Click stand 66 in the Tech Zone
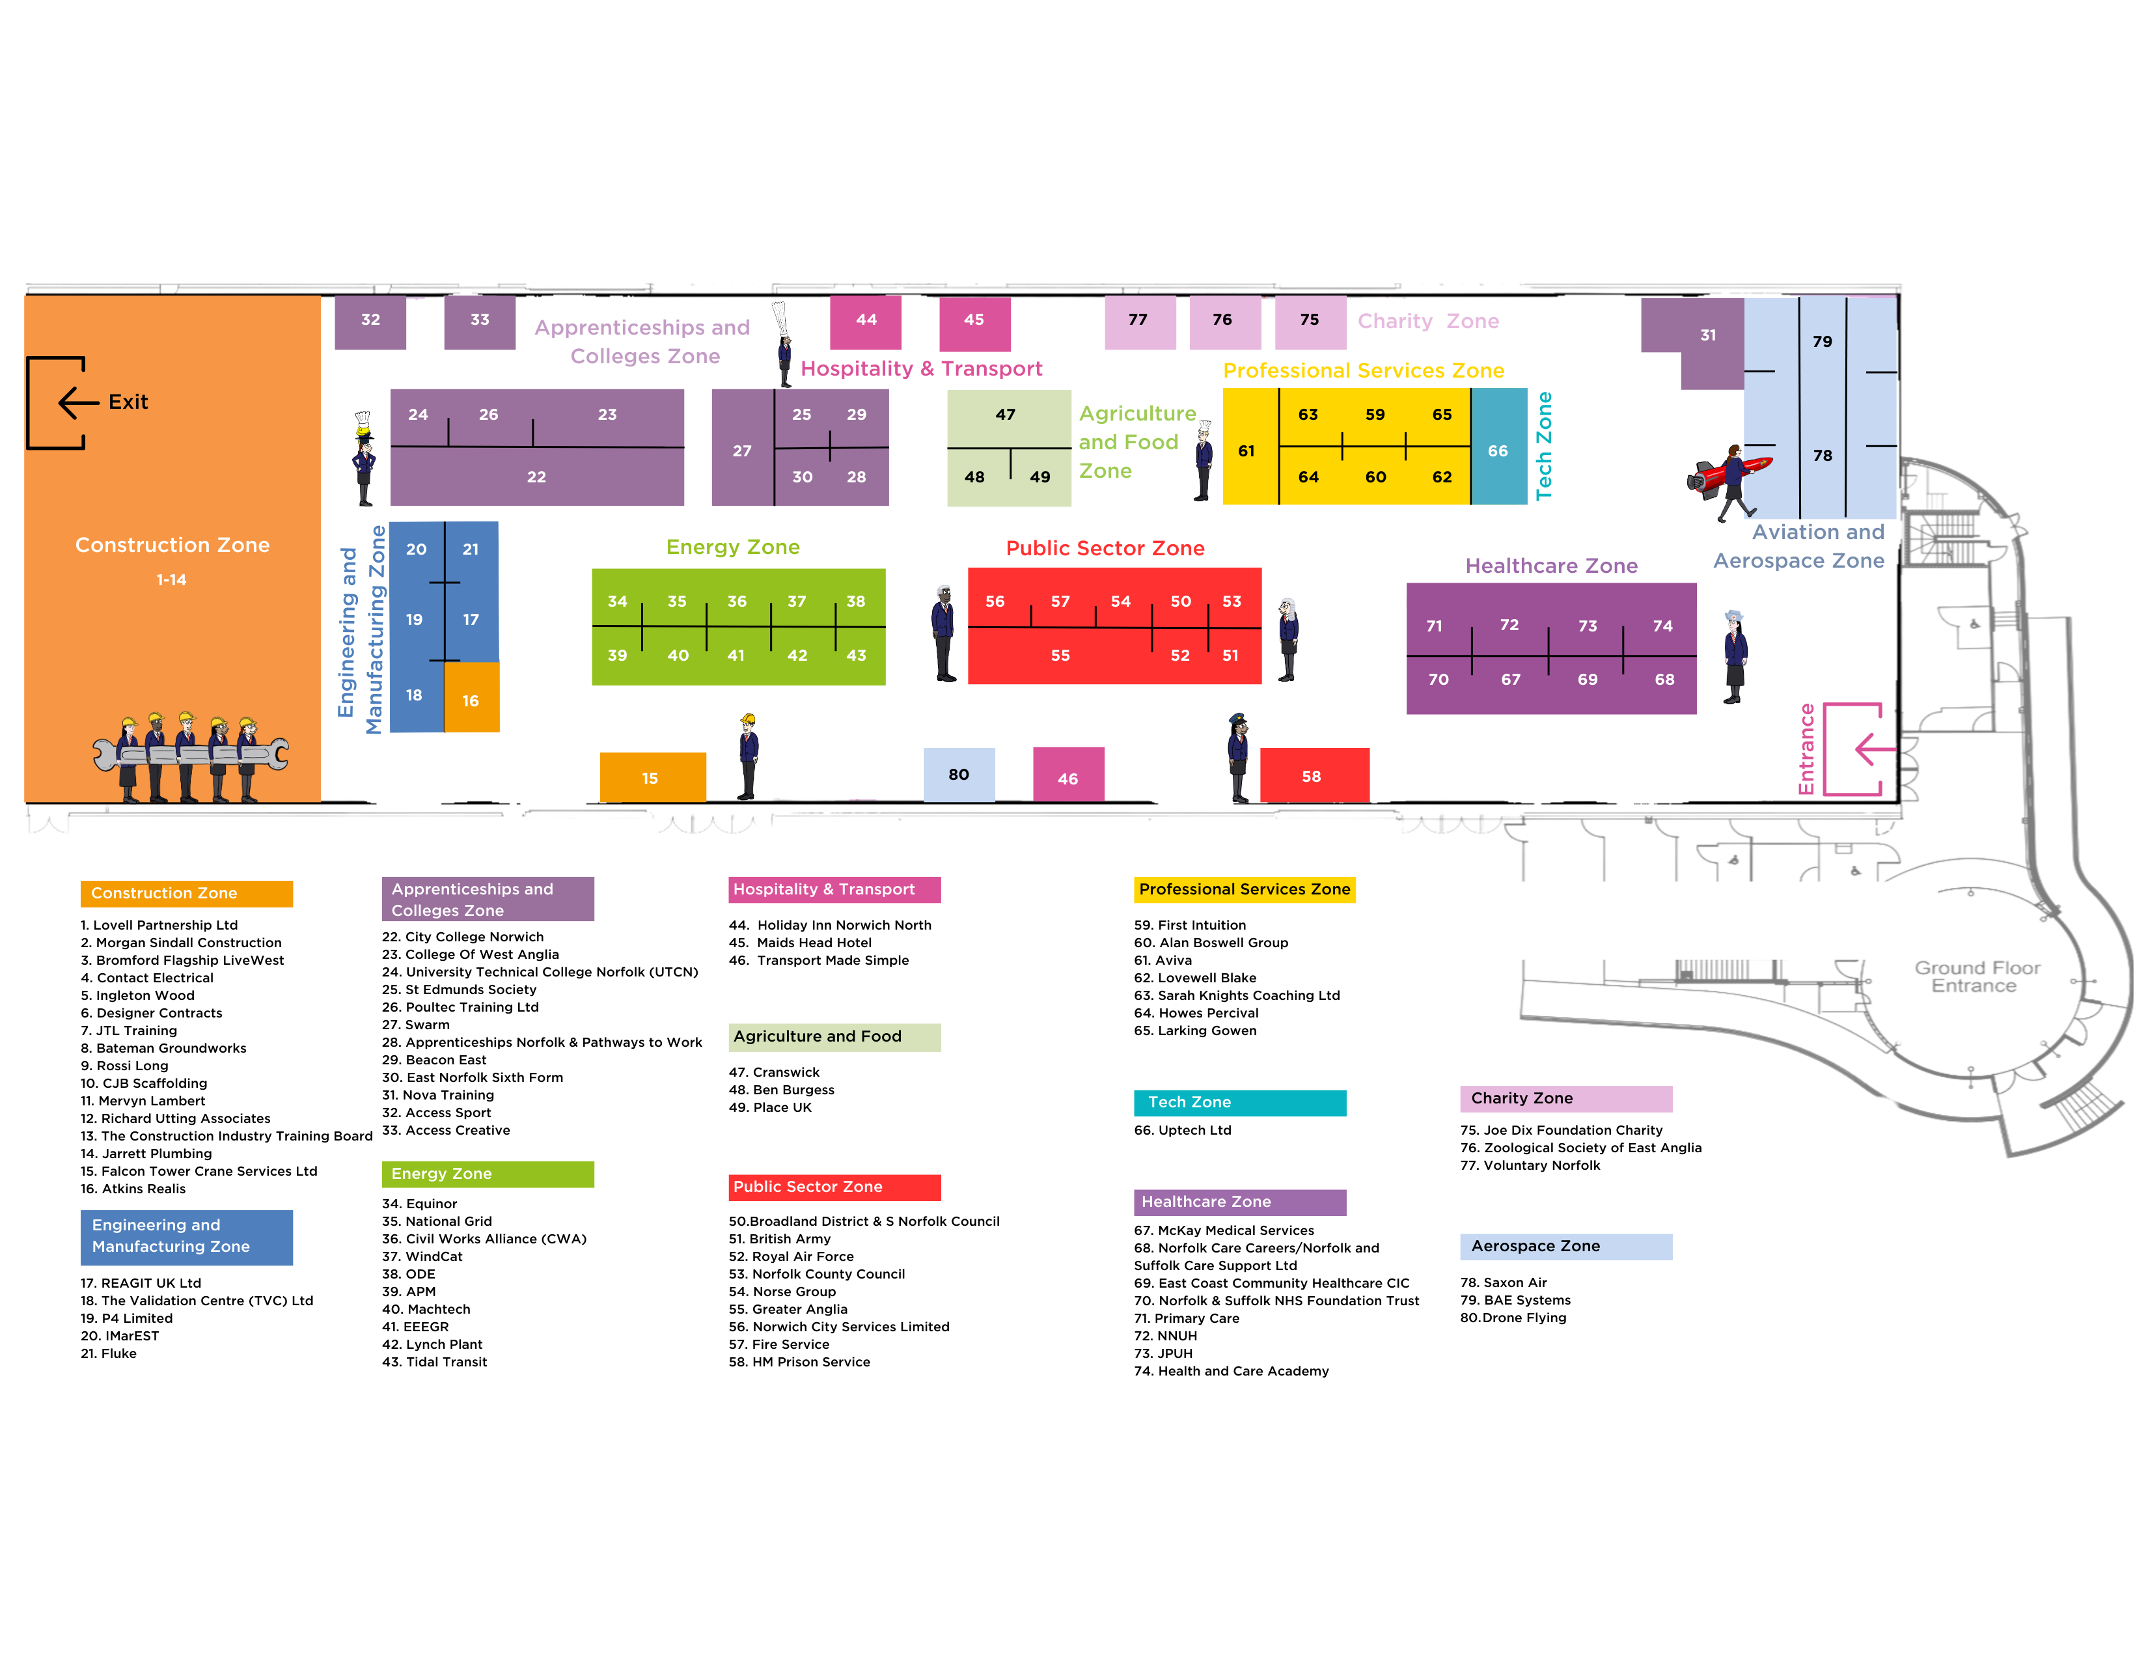tap(1498, 447)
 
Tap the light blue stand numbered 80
tap(959, 774)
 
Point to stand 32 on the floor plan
tap(371, 320)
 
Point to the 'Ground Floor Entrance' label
tap(1976, 976)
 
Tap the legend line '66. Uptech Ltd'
tap(1182, 1130)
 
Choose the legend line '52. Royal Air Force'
tap(791, 1256)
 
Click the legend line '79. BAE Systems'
tap(1515, 1300)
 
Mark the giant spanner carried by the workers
tap(192, 754)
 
